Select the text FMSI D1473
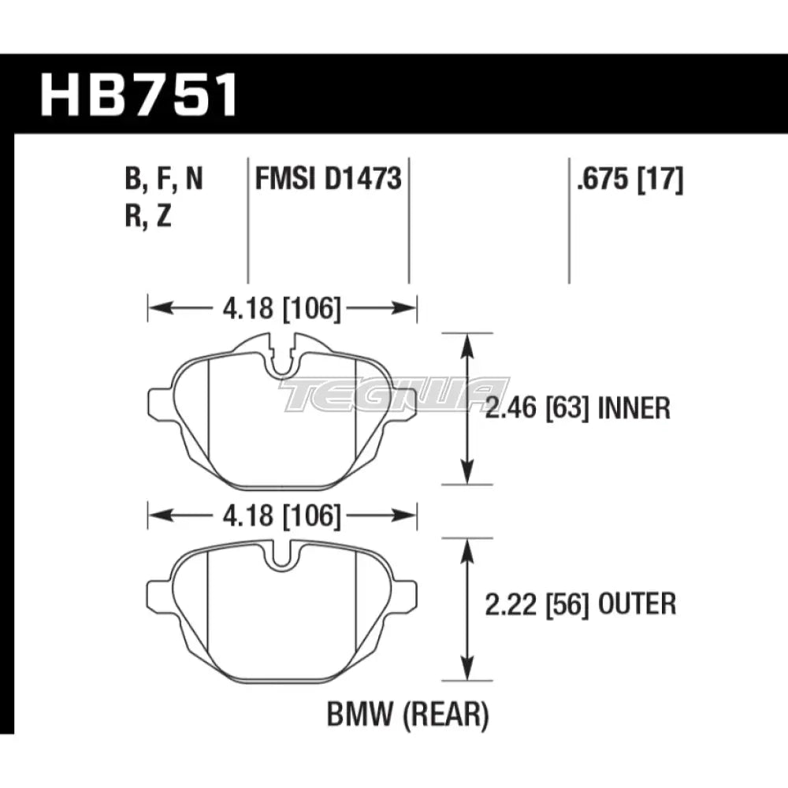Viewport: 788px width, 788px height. coord(328,180)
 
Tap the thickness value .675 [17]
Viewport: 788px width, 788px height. coord(630,180)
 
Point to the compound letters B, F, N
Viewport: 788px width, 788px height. coord(163,180)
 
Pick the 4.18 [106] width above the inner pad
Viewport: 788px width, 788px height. coord(280,308)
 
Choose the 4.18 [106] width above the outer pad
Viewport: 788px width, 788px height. coord(280,517)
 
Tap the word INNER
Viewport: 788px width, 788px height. coord(634,409)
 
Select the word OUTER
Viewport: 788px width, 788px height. coord(638,604)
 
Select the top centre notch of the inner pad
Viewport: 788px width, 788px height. coord(281,359)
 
